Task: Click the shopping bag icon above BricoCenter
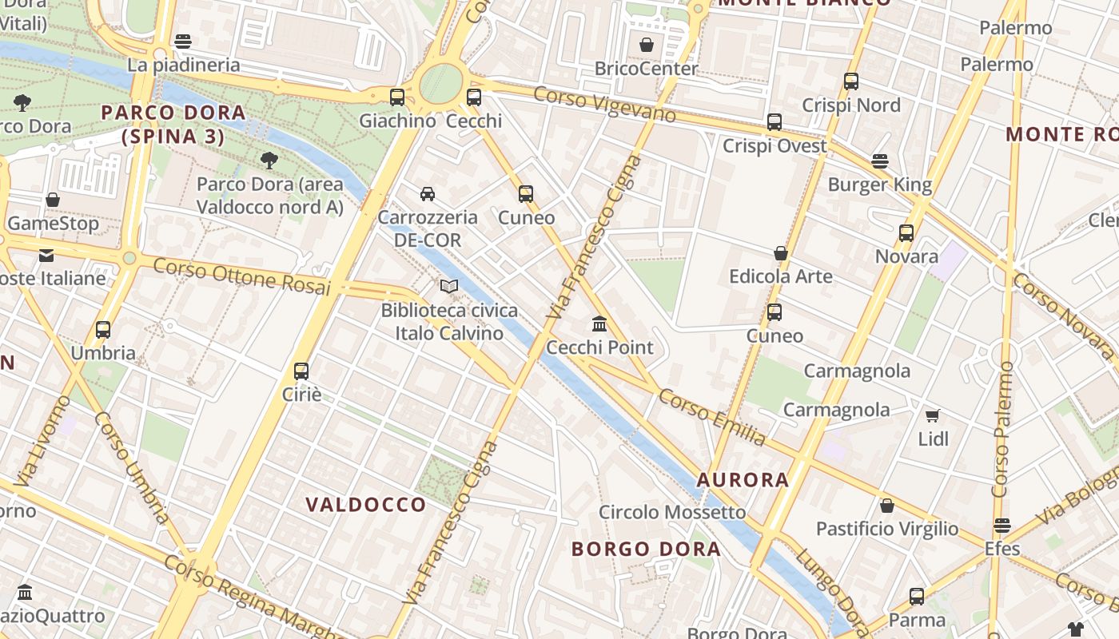coord(647,45)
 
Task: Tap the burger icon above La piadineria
coord(183,42)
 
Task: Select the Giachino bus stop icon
coord(397,97)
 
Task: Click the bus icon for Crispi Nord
coord(851,81)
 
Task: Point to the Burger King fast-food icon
coord(880,161)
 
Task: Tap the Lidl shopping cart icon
coord(932,415)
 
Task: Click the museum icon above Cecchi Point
coord(599,323)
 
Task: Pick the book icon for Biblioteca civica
coord(449,286)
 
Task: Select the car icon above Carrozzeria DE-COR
coord(428,193)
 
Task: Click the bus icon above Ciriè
coord(301,371)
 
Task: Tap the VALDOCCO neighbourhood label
coord(366,505)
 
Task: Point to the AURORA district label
coord(743,480)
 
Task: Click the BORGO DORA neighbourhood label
coord(646,549)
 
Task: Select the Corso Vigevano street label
coord(605,105)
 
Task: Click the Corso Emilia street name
coord(712,417)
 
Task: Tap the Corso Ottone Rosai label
coord(241,276)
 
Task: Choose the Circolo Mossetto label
coord(672,512)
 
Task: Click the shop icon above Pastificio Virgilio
coord(887,506)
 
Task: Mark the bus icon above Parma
coord(917,596)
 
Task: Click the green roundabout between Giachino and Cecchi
coord(441,82)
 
